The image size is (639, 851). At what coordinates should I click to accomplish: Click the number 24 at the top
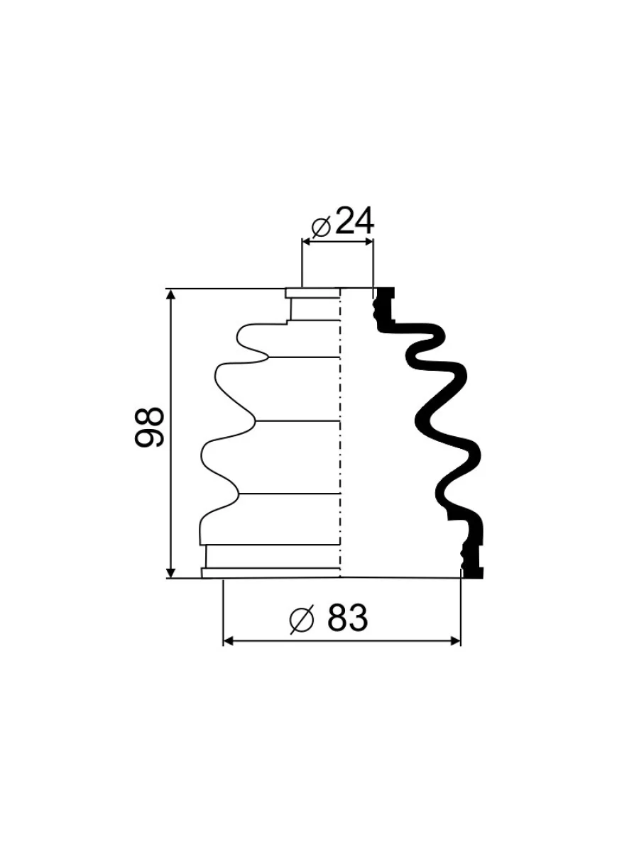click(354, 221)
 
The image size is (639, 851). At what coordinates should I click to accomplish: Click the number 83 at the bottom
click(347, 617)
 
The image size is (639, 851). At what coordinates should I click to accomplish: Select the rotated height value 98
click(149, 427)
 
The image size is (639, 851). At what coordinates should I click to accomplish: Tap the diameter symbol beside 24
click(321, 227)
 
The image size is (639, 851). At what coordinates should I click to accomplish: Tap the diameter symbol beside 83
click(302, 619)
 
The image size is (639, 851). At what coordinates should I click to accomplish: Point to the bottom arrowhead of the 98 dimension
click(170, 572)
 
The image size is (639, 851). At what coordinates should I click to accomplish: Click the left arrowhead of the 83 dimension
click(229, 641)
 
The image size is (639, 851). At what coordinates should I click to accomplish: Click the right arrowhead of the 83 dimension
click(454, 641)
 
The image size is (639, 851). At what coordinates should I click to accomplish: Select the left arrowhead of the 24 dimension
click(308, 242)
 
